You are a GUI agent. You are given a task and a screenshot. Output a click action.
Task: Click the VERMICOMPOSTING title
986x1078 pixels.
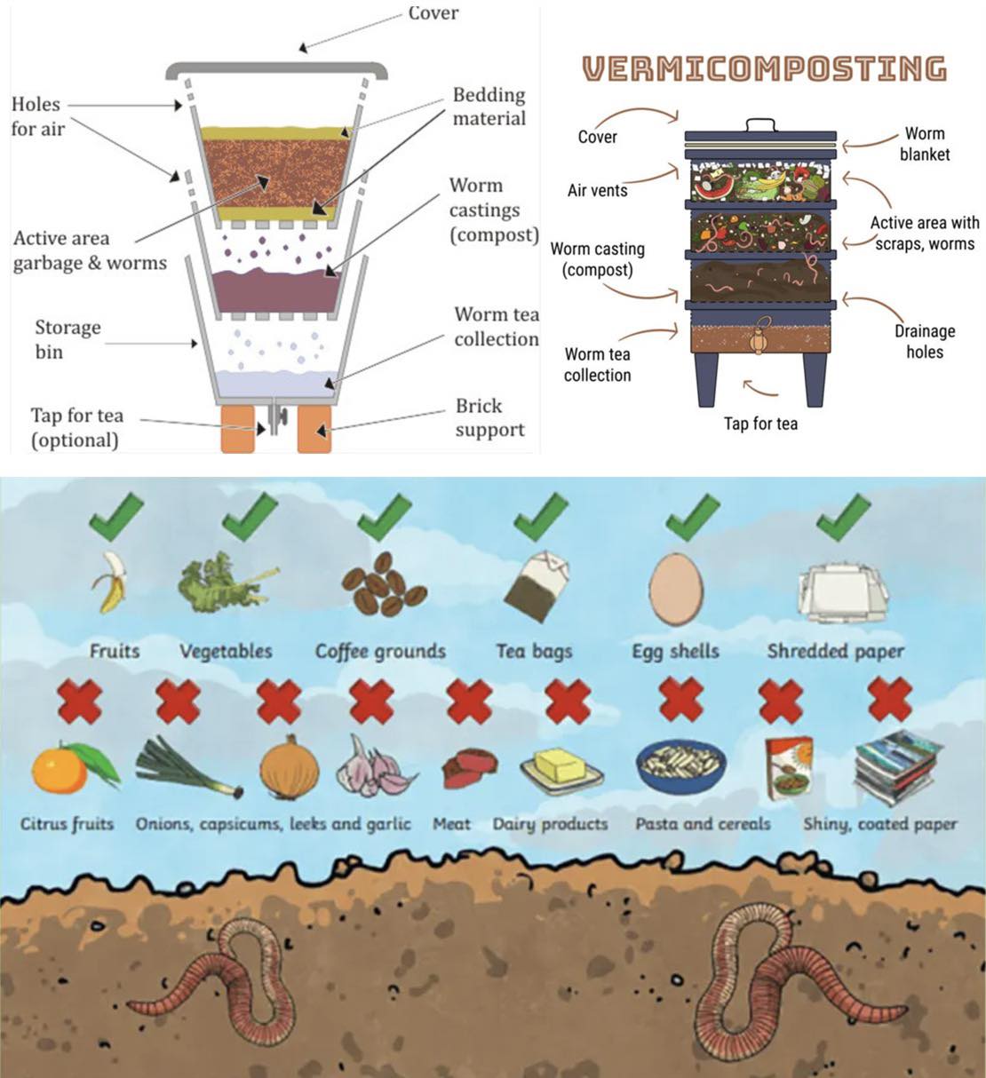(x=765, y=68)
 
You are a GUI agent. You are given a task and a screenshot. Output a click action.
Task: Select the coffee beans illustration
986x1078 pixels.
(x=384, y=584)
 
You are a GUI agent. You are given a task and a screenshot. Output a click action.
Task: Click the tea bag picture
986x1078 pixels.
(x=537, y=586)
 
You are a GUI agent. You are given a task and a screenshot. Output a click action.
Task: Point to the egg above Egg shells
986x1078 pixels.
(x=676, y=590)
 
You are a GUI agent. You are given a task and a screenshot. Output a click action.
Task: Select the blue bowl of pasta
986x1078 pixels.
(x=680, y=765)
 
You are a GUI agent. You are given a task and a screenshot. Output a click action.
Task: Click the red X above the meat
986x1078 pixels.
(x=469, y=701)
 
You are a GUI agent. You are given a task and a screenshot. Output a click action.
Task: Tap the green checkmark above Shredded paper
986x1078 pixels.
(x=844, y=517)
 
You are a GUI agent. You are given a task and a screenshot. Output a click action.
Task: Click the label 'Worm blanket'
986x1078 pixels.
(x=924, y=144)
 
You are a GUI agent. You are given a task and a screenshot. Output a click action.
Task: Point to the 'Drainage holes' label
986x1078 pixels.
(x=925, y=341)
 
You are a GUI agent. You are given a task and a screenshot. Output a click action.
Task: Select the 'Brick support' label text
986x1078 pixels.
(x=489, y=417)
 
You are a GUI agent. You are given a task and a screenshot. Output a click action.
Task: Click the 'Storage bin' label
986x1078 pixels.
(x=68, y=339)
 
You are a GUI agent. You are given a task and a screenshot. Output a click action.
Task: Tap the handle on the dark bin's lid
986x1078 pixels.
(x=760, y=124)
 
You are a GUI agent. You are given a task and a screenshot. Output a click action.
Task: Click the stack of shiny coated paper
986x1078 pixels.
(x=897, y=767)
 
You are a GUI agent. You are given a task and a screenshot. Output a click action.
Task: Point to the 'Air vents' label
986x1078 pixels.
(x=597, y=190)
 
